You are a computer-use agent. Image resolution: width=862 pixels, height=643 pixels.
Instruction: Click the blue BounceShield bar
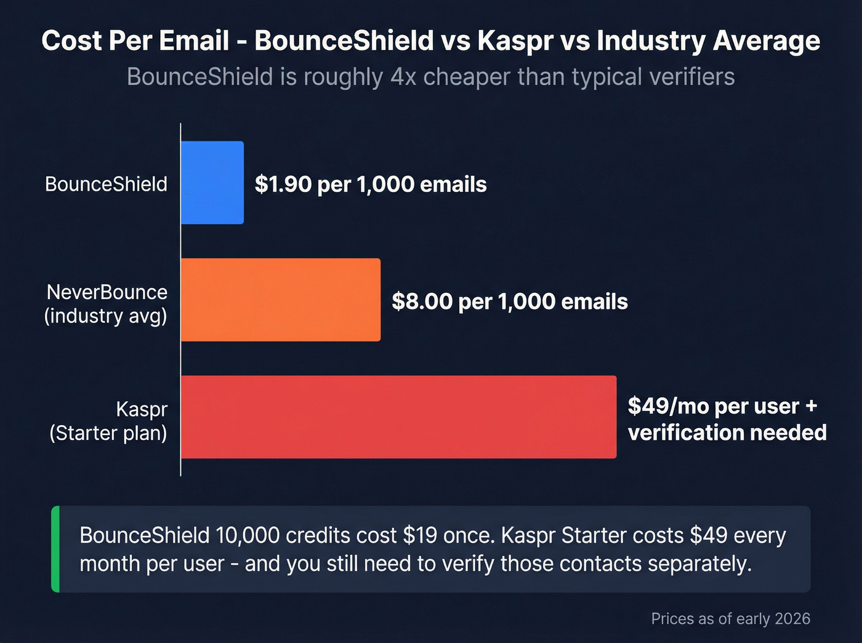click(x=212, y=183)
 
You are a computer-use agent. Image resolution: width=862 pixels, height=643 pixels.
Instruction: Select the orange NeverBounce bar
click(x=281, y=300)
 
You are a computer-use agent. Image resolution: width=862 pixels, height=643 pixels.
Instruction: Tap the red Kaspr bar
click(x=398, y=417)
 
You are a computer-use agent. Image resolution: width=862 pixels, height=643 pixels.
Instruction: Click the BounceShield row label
click(x=106, y=184)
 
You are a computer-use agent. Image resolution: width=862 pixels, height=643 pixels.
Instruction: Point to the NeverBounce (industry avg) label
click(x=106, y=304)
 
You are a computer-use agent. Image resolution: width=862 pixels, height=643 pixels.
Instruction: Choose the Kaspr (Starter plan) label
click(x=108, y=421)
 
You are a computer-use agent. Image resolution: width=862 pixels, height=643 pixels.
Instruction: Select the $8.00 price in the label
click(x=422, y=302)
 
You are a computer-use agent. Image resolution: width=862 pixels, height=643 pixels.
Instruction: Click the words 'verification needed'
click(x=727, y=433)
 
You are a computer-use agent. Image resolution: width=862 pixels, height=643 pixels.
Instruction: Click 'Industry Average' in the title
click(x=708, y=41)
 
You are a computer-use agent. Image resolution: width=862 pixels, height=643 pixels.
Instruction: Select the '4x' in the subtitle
click(x=403, y=78)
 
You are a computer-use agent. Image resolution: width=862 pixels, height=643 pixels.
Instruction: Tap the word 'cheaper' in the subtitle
click(x=467, y=78)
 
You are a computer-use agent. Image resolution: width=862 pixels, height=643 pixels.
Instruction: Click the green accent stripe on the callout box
click(x=55, y=549)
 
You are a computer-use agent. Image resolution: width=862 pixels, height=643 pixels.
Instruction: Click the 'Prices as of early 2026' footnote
click(x=730, y=618)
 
